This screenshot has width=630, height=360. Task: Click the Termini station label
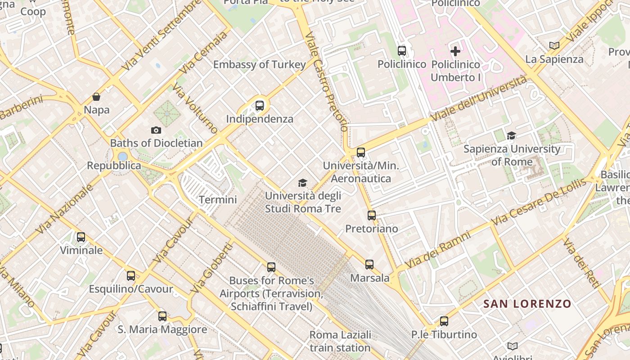pyautogui.click(x=218, y=199)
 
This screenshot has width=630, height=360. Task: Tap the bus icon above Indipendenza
pyautogui.click(x=260, y=106)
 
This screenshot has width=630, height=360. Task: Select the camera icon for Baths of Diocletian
pyautogui.click(x=156, y=130)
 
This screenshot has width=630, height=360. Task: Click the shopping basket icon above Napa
pyautogui.click(x=96, y=96)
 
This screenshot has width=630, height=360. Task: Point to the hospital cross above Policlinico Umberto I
pyautogui.click(x=455, y=51)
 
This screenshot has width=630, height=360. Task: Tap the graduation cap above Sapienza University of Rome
pyautogui.click(x=511, y=135)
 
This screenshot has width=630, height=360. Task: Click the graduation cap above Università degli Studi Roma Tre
pyautogui.click(x=303, y=183)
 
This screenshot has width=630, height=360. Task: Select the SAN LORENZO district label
pyautogui.click(x=527, y=304)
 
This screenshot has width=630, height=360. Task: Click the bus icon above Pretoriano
pyautogui.click(x=371, y=215)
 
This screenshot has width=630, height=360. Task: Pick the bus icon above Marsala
pyautogui.click(x=369, y=264)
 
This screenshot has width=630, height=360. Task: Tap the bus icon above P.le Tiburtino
pyautogui.click(x=444, y=321)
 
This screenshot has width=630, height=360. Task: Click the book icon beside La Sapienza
pyautogui.click(x=554, y=45)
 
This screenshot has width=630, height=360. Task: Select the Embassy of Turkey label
pyautogui.click(x=259, y=64)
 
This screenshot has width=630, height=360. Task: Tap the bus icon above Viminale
pyautogui.click(x=81, y=237)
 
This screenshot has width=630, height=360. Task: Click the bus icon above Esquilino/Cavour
pyautogui.click(x=131, y=275)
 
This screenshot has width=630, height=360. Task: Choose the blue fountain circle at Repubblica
pyautogui.click(x=122, y=157)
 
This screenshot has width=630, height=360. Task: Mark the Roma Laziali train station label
pyautogui.click(x=340, y=341)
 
